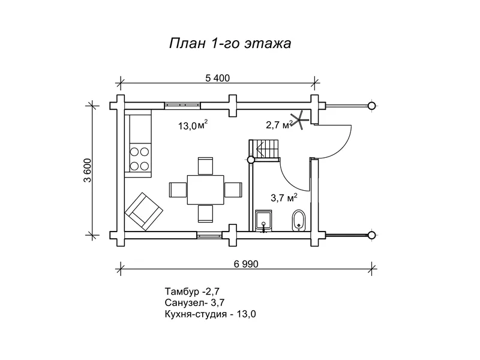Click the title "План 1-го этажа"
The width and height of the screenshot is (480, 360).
pos(230,44)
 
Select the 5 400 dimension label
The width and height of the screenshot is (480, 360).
pos(218,78)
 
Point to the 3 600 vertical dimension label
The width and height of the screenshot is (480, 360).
pos(87,169)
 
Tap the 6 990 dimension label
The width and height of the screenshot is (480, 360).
pos(247,263)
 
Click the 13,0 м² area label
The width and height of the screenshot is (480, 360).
pos(193,125)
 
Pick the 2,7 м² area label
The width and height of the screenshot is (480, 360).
pos(279,125)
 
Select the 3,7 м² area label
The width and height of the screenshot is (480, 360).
pos(284,197)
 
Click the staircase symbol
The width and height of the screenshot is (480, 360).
pos(265,148)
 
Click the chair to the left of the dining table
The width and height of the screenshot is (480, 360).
pos(178,190)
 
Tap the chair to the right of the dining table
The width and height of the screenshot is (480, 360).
pos(232,190)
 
